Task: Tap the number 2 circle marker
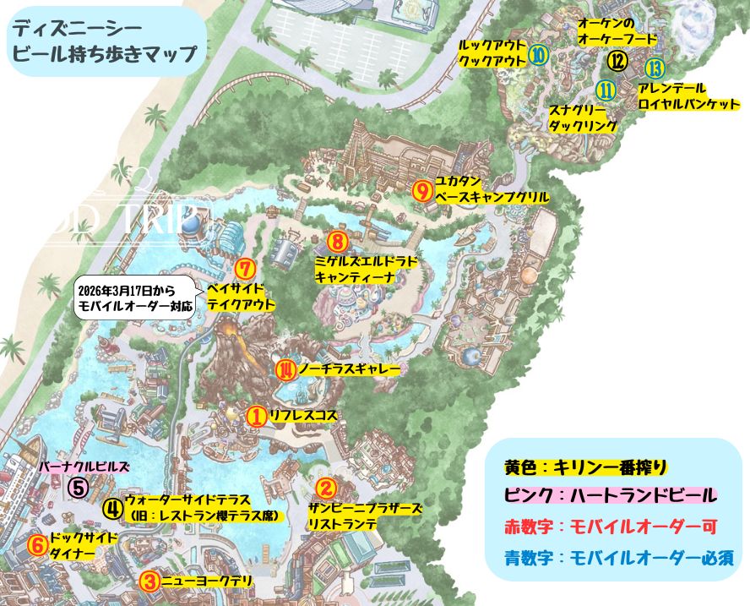[x=326, y=489]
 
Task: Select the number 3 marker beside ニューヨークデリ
[x=149, y=581]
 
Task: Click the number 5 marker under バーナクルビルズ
[x=78, y=488]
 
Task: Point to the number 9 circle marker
[x=423, y=189]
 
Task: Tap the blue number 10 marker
[x=538, y=56]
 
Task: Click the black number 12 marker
[x=618, y=60]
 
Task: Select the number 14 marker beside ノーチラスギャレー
[x=287, y=369]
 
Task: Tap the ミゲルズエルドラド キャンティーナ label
[x=366, y=269]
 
